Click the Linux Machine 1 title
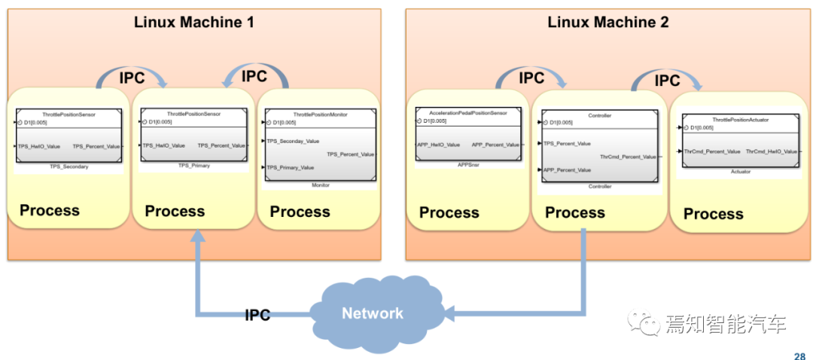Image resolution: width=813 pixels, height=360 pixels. (x=194, y=23)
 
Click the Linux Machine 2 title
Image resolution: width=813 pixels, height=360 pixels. (x=608, y=23)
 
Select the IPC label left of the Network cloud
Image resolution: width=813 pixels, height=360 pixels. (x=257, y=314)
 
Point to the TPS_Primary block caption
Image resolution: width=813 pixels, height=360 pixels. (x=193, y=166)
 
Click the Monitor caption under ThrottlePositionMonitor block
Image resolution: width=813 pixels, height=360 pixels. (x=320, y=185)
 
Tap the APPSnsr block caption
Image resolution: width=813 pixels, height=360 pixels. (x=469, y=166)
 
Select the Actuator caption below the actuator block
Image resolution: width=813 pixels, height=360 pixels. (x=740, y=171)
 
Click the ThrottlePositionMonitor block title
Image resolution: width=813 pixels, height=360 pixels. (x=320, y=114)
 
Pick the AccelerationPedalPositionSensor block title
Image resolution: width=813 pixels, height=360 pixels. (x=467, y=112)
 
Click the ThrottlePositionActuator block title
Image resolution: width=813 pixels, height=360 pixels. (x=740, y=119)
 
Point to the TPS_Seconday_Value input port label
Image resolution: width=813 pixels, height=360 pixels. (x=293, y=141)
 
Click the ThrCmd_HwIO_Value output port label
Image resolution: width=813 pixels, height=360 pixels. (x=771, y=151)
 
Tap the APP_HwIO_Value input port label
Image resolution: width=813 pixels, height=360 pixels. (x=439, y=145)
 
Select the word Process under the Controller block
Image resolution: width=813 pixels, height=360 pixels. (x=574, y=212)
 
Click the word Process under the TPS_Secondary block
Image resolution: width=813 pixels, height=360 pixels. (x=50, y=210)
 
